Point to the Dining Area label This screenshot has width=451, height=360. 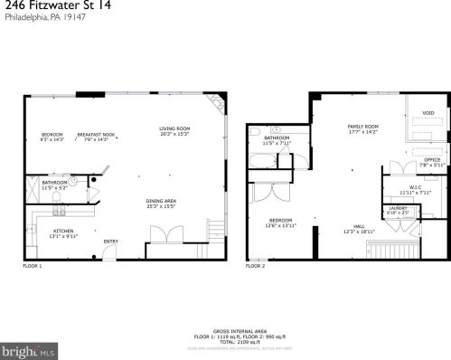click(x=162, y=203)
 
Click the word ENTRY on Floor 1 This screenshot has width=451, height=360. click(x=110, y=241)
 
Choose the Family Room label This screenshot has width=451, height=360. click(x=362, y=128)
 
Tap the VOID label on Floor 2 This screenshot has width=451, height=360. click(x=428, y=112)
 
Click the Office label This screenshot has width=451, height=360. click(x=431, y=162)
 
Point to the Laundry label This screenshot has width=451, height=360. click(x=398, y=210)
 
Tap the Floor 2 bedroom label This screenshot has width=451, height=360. click(x=279, y=223)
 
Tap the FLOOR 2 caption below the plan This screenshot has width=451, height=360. click(x=256, y=266)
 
